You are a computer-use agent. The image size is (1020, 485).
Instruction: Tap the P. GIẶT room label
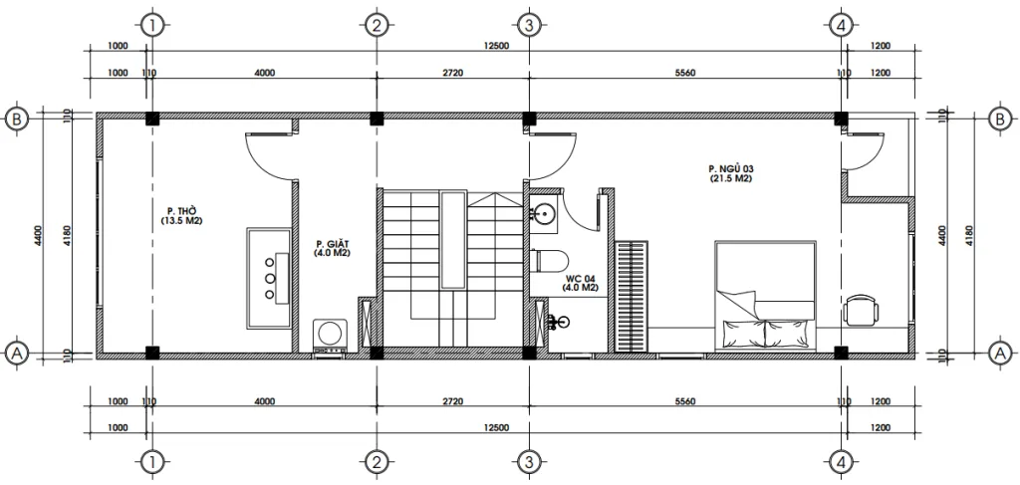(x=332, y=248)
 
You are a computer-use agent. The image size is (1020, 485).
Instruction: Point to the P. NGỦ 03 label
(x=730, y=173)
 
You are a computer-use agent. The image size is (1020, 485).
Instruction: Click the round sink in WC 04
(x=544, y=212)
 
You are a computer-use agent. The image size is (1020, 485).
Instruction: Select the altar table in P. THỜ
(x=268, y=278)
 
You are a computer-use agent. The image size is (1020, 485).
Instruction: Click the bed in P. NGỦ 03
(x=764, y=295)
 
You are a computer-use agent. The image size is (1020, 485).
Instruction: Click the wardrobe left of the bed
(x=631, y=296)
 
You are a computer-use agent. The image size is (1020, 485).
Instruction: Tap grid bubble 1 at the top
(x=149, y=25)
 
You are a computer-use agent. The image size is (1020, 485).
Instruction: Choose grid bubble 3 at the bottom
(x=529, y=461)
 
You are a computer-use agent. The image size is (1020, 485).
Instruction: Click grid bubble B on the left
(x=16, y=119)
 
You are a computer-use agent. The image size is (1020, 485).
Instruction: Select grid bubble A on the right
(x=1000, y=352)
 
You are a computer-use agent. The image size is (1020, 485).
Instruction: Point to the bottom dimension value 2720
(x=452, y=402)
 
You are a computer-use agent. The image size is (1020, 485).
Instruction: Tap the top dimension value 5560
(x=684, y=73)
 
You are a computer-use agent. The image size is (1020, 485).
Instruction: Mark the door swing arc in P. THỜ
(x=266, y=155)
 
